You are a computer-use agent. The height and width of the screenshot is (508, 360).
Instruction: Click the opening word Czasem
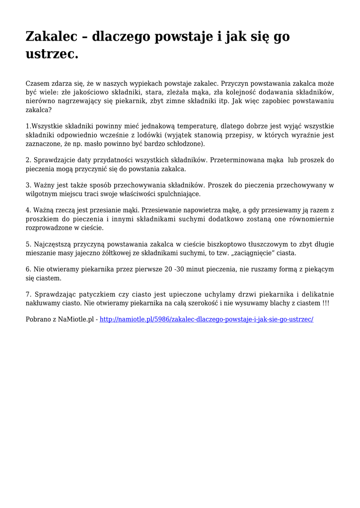[38, 84]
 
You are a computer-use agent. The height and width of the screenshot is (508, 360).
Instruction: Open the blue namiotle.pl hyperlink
[206, 319]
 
